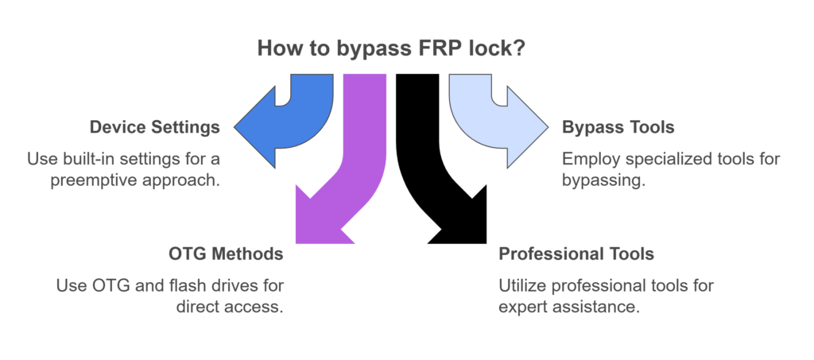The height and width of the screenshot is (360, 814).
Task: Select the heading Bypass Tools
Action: [x=618, y=127]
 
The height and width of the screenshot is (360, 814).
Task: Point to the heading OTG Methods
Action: [x=227, y=254]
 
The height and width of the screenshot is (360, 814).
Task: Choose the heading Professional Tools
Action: [x=576, y=254]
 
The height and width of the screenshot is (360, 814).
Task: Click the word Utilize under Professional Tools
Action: [x=521, y=285]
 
